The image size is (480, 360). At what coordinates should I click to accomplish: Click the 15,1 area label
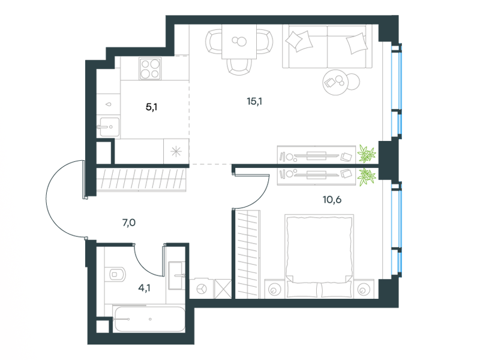click(x=254, y=101)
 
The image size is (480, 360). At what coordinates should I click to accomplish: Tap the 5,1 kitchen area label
click(x=152, y=107)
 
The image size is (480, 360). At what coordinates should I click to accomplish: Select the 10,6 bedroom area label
click(x=332, y=200)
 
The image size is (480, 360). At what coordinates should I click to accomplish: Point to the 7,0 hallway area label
click(x=129, y=223)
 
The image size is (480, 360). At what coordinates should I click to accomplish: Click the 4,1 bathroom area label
click(x=144, y=288)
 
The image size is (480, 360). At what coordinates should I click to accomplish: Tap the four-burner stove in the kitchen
click(x=150, y=68)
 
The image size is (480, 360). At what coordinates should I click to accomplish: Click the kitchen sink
click(x=108, y=127)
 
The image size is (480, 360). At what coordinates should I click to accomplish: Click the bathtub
click(x=149, y=319)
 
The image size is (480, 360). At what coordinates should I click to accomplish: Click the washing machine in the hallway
click(x=202, y=289)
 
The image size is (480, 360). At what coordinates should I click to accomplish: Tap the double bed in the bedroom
click(x=319, y=256)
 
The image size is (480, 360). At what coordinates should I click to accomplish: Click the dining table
click(x=239, y=41)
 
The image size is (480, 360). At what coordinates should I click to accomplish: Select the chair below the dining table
click(x=239, y=67)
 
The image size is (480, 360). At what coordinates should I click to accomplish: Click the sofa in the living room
click(x=327, y=46)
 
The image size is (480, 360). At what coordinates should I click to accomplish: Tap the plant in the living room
click(x=366, y=154)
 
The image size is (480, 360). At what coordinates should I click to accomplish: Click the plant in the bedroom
click(x=366, y=176)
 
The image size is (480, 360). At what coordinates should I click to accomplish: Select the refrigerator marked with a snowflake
click(x=176, y=151)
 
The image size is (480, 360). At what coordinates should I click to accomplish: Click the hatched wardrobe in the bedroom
click(x=247, y=254)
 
